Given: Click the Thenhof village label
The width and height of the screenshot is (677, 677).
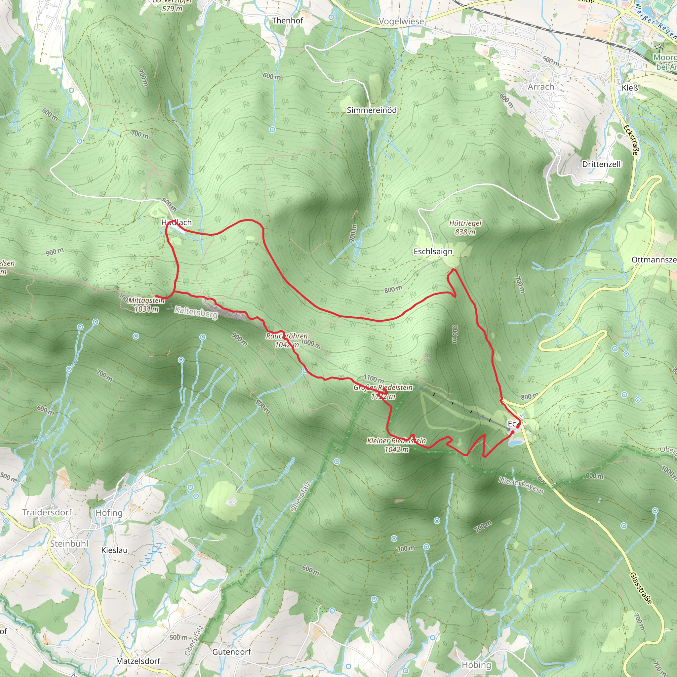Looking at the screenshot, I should coord(287,21).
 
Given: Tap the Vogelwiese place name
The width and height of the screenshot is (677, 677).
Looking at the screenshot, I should coord(401,22).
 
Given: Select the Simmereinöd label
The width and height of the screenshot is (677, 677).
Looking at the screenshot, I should coord(372,110).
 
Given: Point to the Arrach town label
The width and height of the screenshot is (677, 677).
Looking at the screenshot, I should coord(541,87).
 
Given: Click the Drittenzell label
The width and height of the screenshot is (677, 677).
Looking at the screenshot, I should coord(601,164).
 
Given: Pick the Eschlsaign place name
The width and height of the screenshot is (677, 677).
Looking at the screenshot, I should coord(433,252).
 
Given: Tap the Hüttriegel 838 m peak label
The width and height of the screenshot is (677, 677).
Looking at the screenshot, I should coord(465,227).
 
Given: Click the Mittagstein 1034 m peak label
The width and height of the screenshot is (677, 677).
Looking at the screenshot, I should coord(146,304).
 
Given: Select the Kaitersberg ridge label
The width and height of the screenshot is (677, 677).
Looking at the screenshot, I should coord(196,312).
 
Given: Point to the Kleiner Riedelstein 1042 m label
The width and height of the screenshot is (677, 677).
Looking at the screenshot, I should coord(396,445).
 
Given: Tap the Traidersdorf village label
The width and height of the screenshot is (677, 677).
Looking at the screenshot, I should coord(47,512).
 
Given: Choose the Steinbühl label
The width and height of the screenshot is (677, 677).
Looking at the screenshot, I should coord(69,543).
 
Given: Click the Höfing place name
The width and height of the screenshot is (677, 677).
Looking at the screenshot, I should coord(109,513).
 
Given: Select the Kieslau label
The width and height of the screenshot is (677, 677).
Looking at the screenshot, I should coord(114,550).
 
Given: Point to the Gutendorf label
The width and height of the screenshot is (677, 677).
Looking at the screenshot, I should coord(232,652).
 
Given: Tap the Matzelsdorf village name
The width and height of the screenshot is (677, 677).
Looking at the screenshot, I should coord(138,661).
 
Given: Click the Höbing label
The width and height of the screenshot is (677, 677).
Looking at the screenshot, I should coord(476,665).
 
